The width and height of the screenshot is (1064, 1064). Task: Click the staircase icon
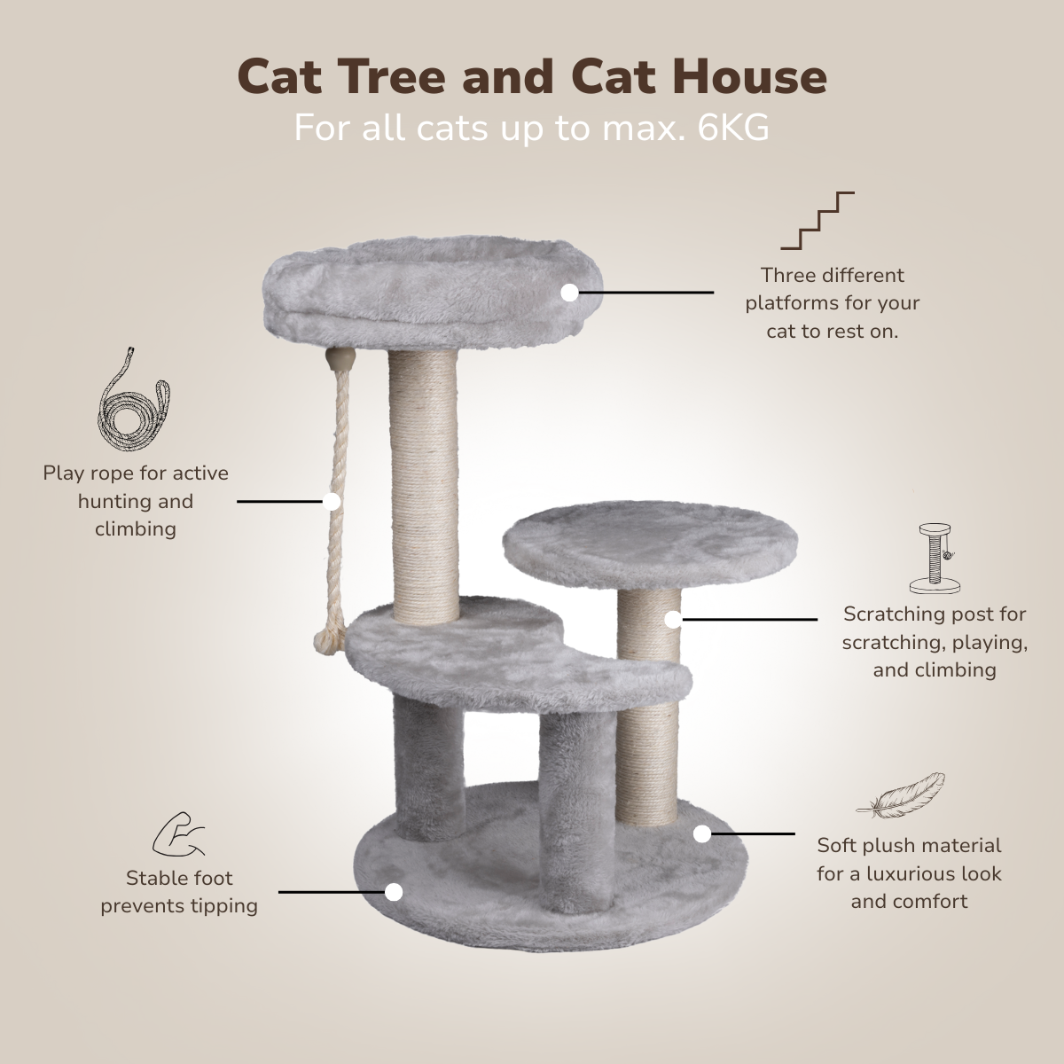[818, 221]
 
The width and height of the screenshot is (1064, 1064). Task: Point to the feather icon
[901, 795]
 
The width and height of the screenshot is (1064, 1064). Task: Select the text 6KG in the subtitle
[733, 128]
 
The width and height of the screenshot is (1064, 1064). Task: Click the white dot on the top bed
[570, 293]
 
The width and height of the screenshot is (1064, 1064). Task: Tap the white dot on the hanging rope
[332, 501]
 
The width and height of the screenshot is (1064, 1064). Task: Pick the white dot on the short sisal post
[672, 620]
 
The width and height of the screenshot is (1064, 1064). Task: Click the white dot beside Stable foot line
[393, 892]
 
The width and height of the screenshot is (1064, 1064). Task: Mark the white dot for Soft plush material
[701, 833]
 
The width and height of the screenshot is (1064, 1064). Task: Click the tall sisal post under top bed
[424, 486]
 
